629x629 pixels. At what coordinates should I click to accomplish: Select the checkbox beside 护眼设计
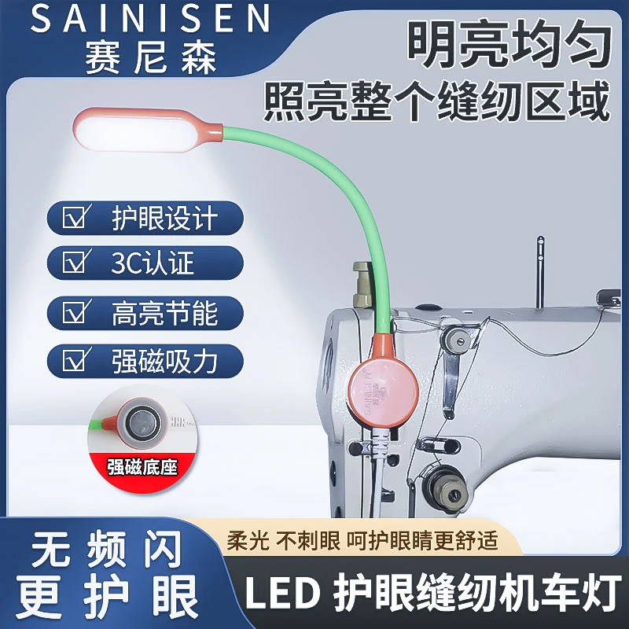75,216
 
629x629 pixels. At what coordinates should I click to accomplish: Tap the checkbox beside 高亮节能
75,312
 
